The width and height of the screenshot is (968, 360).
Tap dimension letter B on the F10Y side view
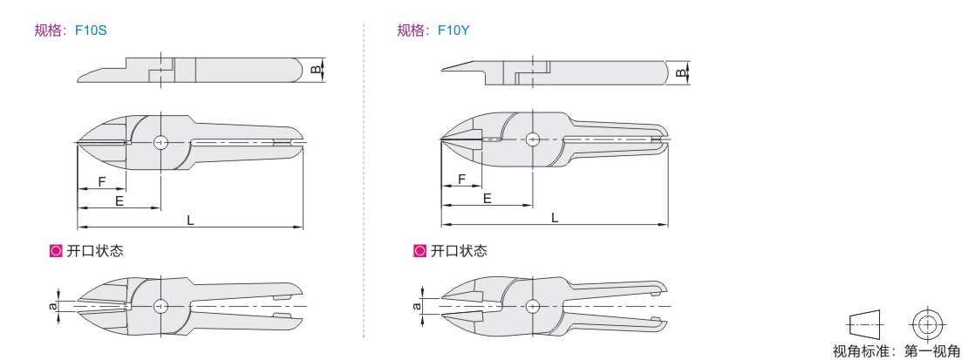(x=679, y=74)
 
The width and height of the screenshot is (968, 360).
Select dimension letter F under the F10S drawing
(x=102, y=181)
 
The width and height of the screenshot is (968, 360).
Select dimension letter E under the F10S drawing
(x=119, y=200)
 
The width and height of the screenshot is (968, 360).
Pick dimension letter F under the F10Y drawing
(x=462, y=179)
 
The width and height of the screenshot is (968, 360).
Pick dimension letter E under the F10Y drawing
(x=487, y=199)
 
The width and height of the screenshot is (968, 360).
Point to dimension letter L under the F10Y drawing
(x=555, y=217)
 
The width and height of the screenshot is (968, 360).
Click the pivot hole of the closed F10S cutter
(x=160, y=143)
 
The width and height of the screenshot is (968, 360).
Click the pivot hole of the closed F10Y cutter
(x=531, y=139)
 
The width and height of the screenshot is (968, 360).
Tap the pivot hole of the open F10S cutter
(x=160, y=306)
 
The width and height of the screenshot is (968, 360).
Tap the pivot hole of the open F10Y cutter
(x=532, y=304)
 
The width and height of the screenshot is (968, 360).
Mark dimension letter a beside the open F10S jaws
(x=52, y=306)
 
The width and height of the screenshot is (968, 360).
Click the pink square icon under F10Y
(x=420, y=251)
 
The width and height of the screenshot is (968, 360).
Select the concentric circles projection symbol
(x=926, y=323)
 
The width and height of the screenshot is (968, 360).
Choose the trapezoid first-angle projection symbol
(x=864, y=324)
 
